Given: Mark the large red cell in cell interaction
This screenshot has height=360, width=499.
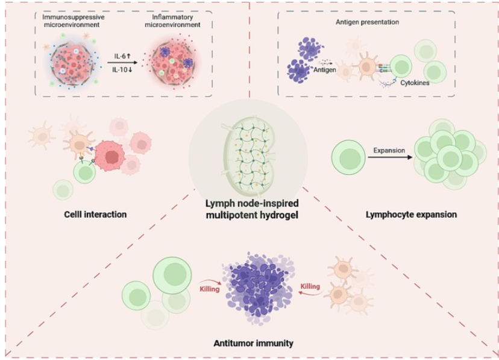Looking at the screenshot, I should [x=111, y=156].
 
